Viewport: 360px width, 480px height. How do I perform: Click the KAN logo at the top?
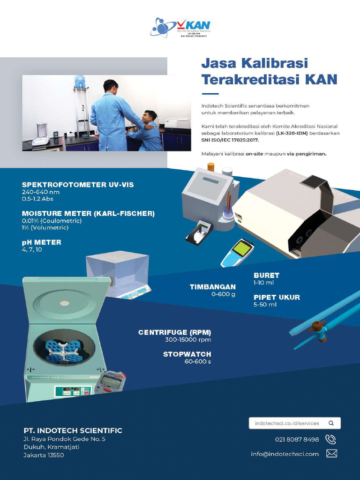tap(180, 28)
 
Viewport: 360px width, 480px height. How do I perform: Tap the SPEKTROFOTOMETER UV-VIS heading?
tap(78, 185)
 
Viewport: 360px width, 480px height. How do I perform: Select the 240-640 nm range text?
tap(41, 192)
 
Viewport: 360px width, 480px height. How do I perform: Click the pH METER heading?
tap(42, 242)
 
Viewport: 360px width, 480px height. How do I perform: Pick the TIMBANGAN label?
tap(212, 287)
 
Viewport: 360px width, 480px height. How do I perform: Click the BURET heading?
tap(266, 275)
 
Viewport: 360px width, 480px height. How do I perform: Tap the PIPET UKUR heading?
tap(277, 297)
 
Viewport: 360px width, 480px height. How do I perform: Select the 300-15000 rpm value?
tap(188, 340)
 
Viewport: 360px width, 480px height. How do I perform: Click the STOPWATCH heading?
tap(187, 354)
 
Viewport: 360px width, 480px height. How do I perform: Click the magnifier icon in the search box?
tap(331, 423)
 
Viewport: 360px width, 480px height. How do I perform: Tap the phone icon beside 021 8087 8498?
tap(330, 440)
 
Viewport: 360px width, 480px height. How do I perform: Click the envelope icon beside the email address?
tap(331, 454)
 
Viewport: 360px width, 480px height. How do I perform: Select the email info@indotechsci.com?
tap(285, 454)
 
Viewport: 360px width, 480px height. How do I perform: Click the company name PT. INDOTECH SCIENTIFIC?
tap(73, 430)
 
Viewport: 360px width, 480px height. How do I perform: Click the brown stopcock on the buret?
tap(317, 327)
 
